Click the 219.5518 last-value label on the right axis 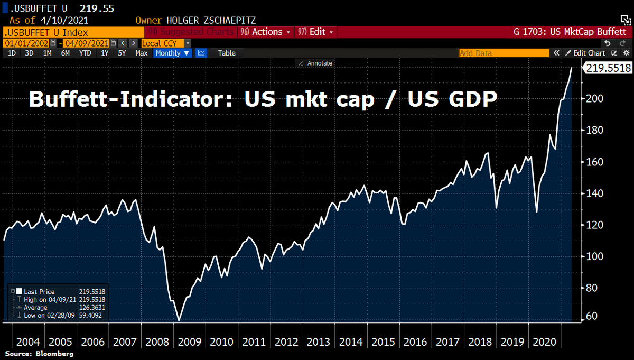point(608,68)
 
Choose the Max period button point(141,53)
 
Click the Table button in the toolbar point(227,53)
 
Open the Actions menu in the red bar point(267,32)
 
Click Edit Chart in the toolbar point(585,53)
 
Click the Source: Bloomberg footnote point(39,353)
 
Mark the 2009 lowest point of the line point(179,320)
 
